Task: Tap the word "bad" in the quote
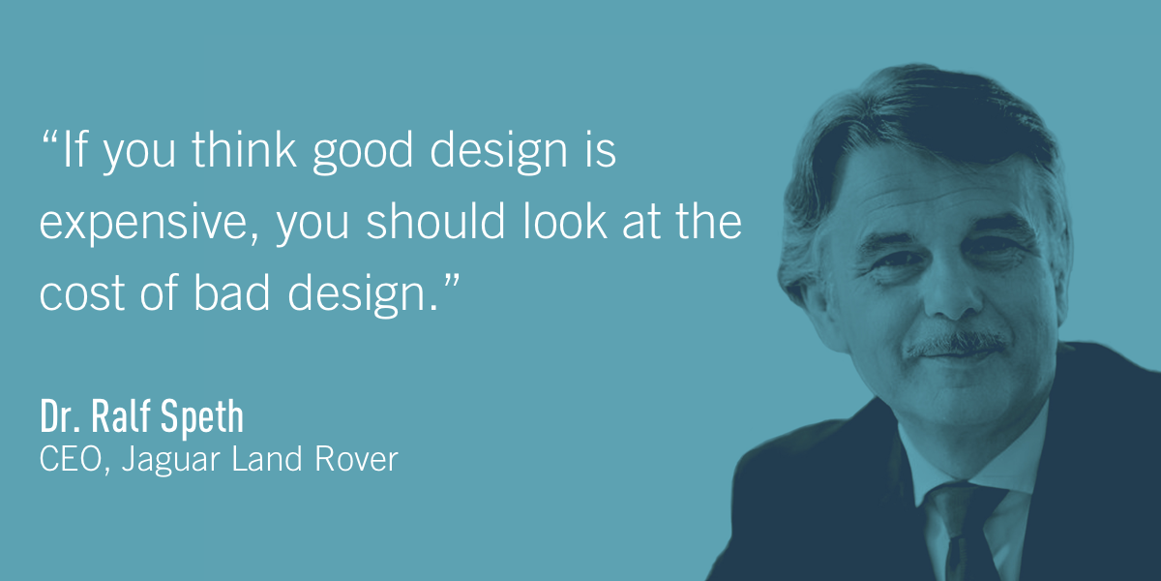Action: coord(229,291)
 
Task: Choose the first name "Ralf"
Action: coord(122,417)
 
